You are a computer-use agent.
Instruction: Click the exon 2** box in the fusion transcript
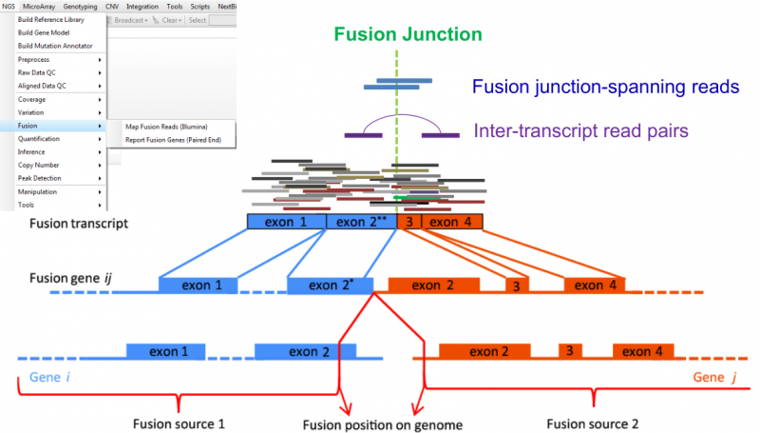[361, 222]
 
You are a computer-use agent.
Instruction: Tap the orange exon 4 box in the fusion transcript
[450, 222]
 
